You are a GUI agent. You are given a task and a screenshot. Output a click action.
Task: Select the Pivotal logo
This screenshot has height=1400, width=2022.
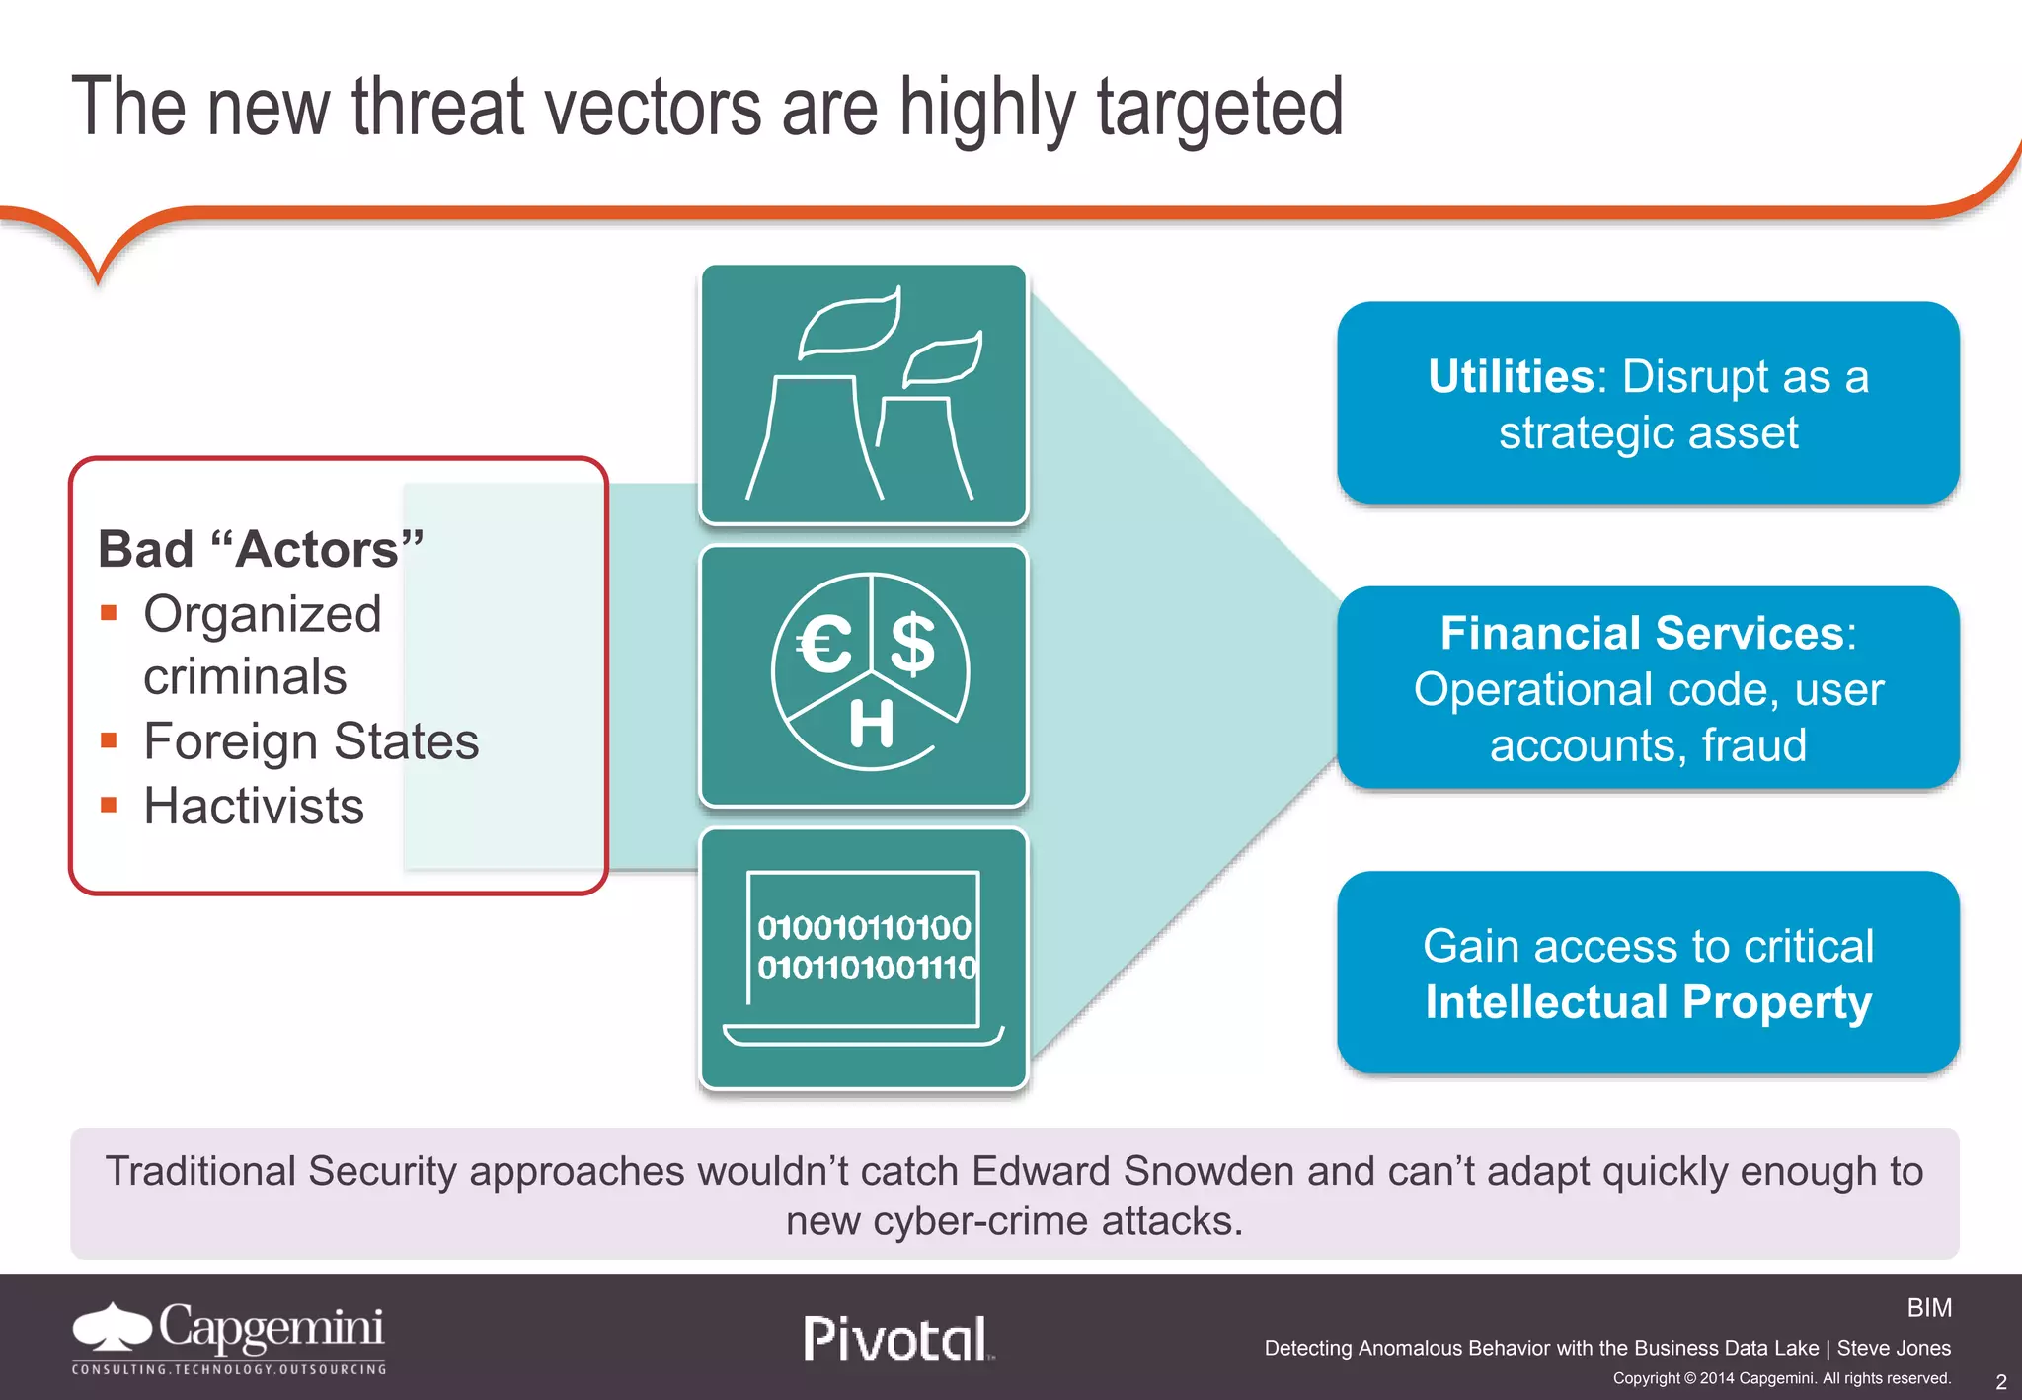click(x=895, y=1339)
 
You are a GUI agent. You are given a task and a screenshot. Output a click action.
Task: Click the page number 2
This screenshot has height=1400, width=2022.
click(x=2000, y=1382)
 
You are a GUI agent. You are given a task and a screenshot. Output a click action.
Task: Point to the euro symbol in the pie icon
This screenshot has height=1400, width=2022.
click(x=825, y=644)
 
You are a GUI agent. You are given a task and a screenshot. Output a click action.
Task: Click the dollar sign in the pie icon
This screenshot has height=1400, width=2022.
click(x=912, y=644)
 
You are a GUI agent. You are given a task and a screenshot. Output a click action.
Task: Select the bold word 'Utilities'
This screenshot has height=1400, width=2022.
click(x=1510, y=377)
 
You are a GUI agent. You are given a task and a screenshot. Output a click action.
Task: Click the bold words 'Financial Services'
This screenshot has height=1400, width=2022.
click(x=1641, y=633)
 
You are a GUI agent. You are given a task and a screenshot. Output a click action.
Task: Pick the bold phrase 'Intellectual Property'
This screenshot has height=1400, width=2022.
click(x=1648, y=1002)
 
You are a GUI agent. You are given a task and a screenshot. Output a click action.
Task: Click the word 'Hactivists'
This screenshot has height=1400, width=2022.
click(x=254, y=806)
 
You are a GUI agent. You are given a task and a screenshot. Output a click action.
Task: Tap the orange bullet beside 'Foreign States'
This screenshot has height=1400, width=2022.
click(x=110, y=740)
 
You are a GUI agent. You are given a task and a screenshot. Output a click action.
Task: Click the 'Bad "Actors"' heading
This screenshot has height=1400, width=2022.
click(x=261, y=549)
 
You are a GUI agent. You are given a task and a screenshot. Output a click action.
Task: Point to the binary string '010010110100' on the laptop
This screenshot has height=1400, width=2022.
click(x=864, y=927)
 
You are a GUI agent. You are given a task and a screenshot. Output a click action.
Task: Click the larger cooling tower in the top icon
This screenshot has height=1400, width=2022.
click(x=814, y=438)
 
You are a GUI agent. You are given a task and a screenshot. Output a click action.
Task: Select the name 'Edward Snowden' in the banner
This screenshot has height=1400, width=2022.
click(x=1132, y=1171)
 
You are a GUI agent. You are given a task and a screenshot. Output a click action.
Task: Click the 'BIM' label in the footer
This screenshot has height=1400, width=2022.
click(x=1929, y=1308)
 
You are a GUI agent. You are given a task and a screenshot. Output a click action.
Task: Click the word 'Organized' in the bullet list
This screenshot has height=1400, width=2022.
click(x=263, y=614)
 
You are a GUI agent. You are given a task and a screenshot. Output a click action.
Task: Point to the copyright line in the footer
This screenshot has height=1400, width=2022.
click(x=1781, y=1378)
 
